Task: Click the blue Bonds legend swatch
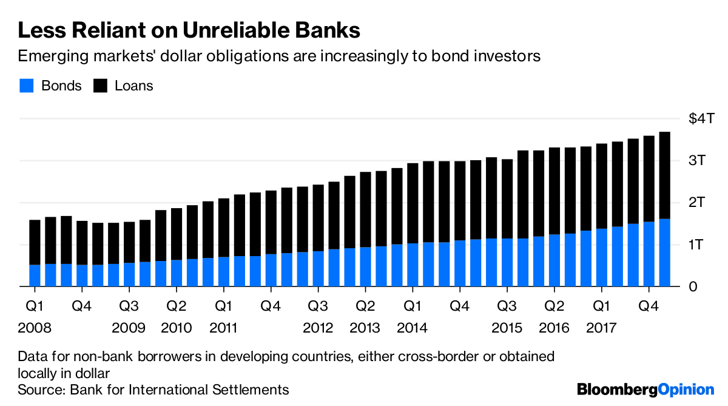point(25,86)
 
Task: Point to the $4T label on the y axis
point(703,119)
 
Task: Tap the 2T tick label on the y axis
point(696,203)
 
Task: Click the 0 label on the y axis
point(692,286)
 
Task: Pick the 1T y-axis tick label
point(696,245)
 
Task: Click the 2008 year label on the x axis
point(35,328)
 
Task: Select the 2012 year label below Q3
point(318,328)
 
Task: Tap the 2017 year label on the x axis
point(602,328)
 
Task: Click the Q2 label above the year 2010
point(176,305)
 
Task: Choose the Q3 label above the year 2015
point(507,305)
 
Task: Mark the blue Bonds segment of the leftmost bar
point(35,275)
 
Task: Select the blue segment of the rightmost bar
point(664,252)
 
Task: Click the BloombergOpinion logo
point(645,389)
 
